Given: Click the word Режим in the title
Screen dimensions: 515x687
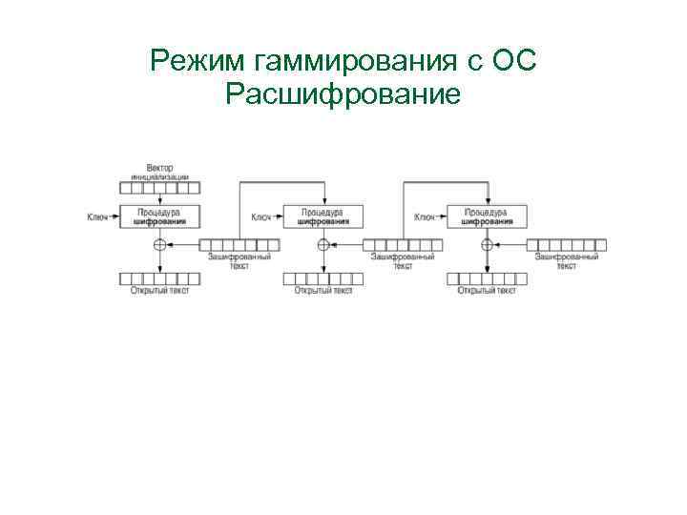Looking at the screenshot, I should [198, 63].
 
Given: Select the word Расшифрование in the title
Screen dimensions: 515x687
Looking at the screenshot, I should [344, 94].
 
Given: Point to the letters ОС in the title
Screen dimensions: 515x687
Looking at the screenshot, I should [515, 63].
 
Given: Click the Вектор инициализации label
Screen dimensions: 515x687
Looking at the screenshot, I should [160, 173].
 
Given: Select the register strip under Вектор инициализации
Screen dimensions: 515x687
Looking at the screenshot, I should [160, 188].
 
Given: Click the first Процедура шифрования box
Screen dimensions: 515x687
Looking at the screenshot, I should [160, 216].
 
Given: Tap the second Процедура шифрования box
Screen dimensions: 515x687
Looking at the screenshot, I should [323, 216].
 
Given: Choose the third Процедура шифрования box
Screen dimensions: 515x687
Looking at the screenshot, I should [487, 216].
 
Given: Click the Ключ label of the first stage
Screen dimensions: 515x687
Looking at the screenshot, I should [97, 217].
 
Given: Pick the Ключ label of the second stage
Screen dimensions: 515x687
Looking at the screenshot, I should [261, 217].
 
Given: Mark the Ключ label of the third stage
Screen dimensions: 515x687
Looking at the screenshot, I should [425, 217].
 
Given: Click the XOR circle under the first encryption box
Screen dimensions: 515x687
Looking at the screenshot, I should [159, 245].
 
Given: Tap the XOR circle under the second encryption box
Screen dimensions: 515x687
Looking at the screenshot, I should [323, 245].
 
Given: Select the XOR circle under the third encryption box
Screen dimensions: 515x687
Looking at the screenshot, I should [487, 245].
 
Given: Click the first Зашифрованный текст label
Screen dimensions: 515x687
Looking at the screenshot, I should [239, 260].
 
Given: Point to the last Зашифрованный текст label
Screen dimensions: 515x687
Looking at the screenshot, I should [567, 260].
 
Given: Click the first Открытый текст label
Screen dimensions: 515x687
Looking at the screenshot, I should [160, 290].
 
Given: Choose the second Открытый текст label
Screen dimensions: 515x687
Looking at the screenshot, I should [323, 290].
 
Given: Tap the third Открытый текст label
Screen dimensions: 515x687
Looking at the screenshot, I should [487, 290].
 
